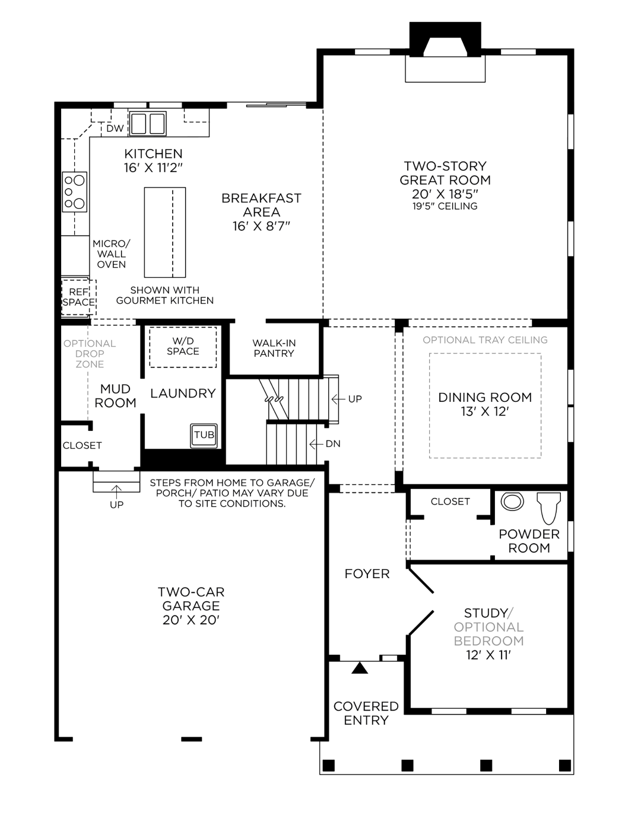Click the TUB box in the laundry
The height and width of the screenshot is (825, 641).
pos(204,435)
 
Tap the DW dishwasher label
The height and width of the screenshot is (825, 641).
pos(115,128)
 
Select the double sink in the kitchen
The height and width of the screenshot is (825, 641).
pos(148,124)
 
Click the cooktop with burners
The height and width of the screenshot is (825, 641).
pos(75,192)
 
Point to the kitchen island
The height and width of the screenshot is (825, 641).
pos(165,232)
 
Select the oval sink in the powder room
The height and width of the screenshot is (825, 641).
pos(512,502)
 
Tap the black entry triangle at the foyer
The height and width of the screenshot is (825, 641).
pos(360,668)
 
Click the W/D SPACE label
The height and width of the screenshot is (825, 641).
pos(183,346)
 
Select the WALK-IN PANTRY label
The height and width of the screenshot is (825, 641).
pos(274,348)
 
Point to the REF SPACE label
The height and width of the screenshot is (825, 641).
pos(79,297)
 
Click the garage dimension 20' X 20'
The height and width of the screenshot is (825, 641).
pos(191,620)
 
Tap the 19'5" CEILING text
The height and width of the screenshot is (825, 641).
pos(445,207)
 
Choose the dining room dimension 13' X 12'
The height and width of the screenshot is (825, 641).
pos(485,412)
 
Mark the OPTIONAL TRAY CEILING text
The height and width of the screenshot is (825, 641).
pos(485,340)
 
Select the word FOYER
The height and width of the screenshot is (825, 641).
pos(367,574)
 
